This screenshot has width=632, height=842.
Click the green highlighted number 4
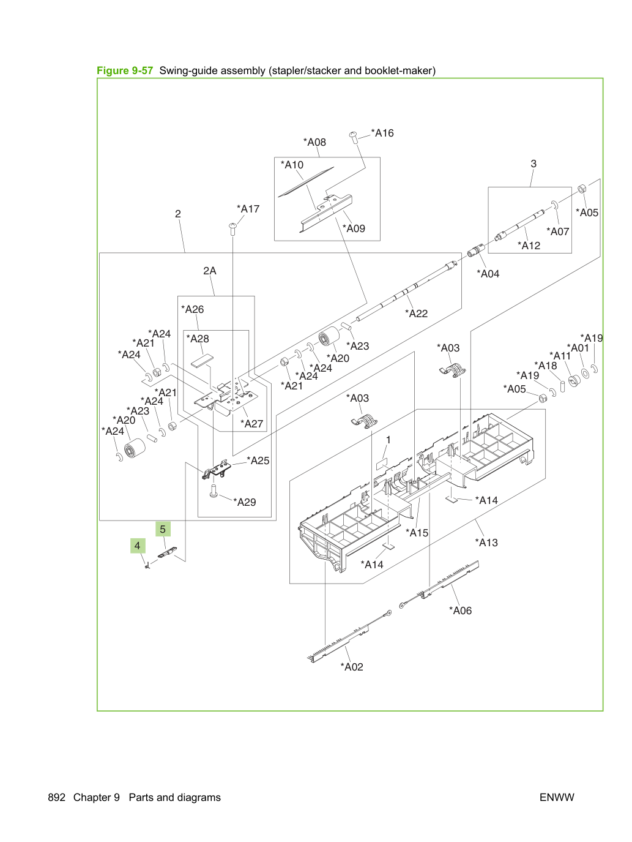[x=138, y=546]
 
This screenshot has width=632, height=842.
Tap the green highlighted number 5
[x=163, y=529]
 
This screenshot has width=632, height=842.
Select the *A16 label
[x=382, y=133]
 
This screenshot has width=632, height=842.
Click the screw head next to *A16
[x=354, y=135]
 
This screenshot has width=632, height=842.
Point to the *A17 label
[x=248, y=209]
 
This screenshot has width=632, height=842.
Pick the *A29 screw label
[x=245, y=502]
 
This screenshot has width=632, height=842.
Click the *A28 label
[x=198, y=339]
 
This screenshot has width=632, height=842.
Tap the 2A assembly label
[x=210, y=271]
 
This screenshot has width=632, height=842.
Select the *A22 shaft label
[x=416, y=314]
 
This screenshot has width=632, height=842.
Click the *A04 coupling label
[x=488, y=274]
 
